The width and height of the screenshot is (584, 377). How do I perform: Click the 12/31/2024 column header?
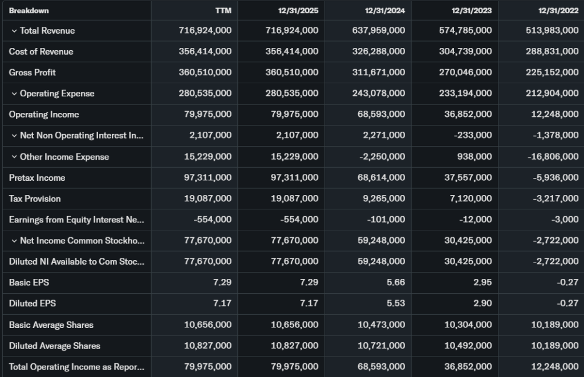tap(385, 11)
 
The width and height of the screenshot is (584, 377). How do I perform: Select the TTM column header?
tap(223, 11)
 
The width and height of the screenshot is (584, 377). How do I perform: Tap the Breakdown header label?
tap(29, 11)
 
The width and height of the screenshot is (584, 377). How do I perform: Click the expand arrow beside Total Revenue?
tap(14, 31)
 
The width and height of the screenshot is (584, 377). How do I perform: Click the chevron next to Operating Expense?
tap(14, 94)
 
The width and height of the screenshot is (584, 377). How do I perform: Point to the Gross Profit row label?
tap(32, 72)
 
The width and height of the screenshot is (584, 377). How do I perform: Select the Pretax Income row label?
tap(37, 178)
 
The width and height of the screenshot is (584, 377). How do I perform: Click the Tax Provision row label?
tap(35, 199)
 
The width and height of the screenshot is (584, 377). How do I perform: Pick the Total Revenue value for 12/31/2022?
tap(551, 31)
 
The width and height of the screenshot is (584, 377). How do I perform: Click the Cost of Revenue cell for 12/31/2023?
tap(465, 52)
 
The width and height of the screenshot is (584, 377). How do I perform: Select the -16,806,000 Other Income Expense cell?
tap(551, 157)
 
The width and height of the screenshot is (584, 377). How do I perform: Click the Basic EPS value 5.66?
tap(396, 283)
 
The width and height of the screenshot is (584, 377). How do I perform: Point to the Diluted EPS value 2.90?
tap(482, 304)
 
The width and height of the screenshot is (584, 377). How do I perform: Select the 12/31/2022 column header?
tap(558, 11)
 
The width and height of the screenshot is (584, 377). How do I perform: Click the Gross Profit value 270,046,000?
tap(465, 72)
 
